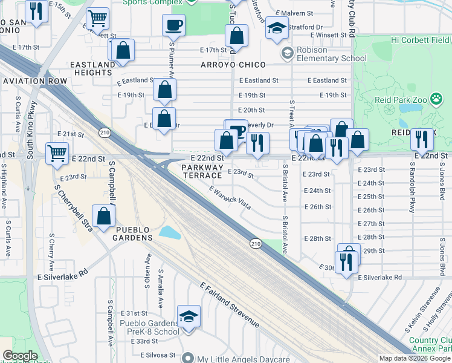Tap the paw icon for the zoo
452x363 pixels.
pos(389,110)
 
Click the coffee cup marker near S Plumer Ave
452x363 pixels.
pos(173,25)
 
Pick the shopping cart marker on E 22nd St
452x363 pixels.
pos(57,154)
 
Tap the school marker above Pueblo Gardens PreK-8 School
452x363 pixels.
pos(189,316)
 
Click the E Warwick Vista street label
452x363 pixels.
pos(230,197)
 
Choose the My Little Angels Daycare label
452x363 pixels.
pos(247,358)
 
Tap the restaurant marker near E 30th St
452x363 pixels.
pos(346,262)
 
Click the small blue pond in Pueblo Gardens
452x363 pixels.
pos(170,232)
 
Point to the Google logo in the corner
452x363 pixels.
pos(21,356)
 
